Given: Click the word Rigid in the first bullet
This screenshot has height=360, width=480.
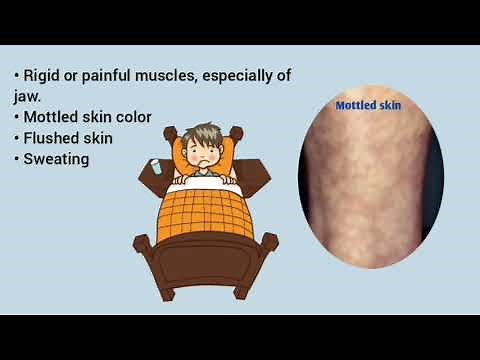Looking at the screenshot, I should (42, 77).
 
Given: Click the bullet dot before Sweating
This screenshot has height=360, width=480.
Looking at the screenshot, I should (17, 158).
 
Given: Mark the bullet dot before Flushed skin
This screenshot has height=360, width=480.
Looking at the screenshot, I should (17, 138).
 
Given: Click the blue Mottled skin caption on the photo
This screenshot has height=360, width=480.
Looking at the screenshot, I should (368, 104).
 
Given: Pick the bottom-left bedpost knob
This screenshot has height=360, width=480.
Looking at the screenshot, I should (142, 243).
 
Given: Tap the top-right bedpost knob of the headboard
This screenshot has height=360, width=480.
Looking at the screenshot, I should (237, 132).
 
